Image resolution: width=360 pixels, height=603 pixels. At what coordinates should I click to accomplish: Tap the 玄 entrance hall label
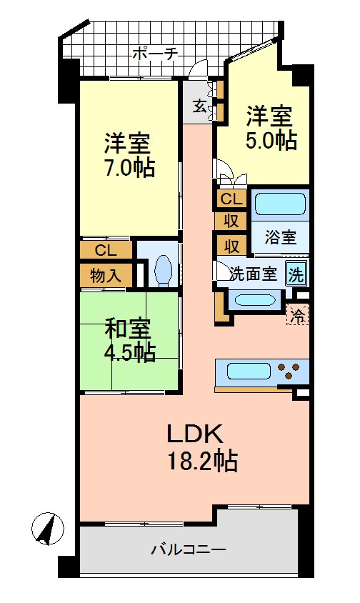tap(199, 106)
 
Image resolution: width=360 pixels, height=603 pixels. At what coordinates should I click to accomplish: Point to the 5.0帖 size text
tap(271, 140)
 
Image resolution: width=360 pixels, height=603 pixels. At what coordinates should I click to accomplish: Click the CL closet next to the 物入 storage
tap(105, 250)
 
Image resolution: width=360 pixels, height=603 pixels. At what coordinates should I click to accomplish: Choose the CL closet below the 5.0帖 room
tap(231, 199)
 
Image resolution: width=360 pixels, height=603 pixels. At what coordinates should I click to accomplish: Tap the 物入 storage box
tap(105, 275)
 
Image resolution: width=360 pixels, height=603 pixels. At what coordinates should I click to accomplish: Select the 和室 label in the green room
tap(128, 329)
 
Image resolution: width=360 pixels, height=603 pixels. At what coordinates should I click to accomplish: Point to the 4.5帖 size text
tap(129, 353)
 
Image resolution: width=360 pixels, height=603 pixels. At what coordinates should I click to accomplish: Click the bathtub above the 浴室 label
tap(279, 205)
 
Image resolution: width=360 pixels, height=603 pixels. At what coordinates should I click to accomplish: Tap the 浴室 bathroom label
tap(279, 237)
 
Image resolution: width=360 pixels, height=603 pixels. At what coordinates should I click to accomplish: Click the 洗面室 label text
tap(253, 274)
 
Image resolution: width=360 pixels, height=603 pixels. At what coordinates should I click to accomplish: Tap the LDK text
tap(196, 433)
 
